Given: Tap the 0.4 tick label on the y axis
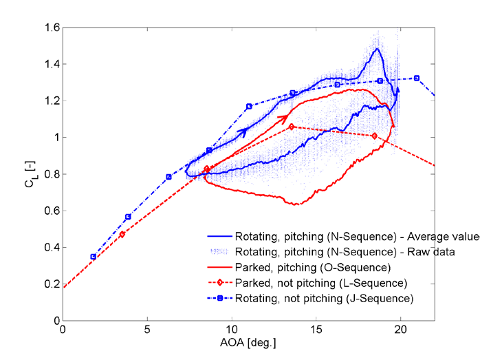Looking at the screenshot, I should [x=52, y=247].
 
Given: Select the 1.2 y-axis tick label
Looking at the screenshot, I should [x=52, y=100].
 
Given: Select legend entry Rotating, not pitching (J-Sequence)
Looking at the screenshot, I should [x=324, y=298].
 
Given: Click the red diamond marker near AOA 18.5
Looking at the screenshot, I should [x=374, y=136].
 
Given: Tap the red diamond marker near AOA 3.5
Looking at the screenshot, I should [x=122, y=234].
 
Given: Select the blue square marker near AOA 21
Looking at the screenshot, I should [x=417, y=78].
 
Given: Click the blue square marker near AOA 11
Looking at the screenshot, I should [x=249, y=107].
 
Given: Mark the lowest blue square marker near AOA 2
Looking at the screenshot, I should [x=93, y=257].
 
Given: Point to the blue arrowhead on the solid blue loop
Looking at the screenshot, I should [x=242, y=131].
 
